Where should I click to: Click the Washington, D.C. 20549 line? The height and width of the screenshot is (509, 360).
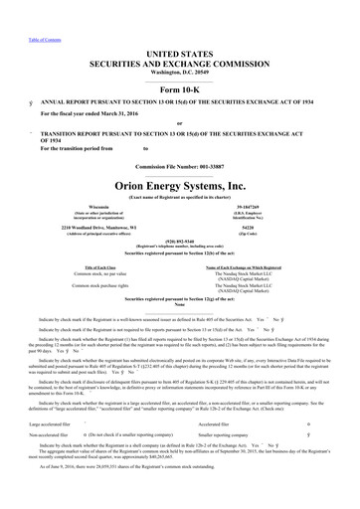[180, 46]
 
